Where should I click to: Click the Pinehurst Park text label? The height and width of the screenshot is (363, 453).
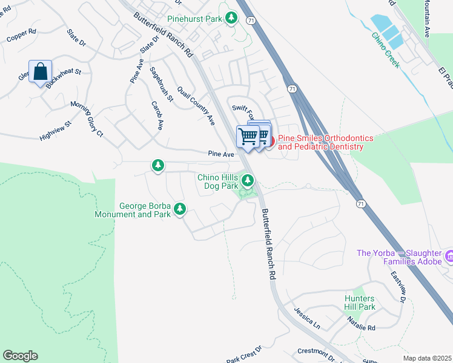coord(195,19)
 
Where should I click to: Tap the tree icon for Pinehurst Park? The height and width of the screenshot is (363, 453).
coord(231,18)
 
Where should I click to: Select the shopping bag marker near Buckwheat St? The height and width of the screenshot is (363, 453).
coord(40,71)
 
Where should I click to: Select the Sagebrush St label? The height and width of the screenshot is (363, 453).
coord(162,83)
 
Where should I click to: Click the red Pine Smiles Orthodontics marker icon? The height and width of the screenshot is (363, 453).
coord(271,142)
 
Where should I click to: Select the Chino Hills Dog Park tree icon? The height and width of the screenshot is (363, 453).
coord(247,180)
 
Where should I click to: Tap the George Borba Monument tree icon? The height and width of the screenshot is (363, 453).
coord(179,209)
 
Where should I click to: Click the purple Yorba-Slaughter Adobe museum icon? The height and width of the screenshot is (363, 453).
coord(449,257)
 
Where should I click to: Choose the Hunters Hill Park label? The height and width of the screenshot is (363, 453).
coord(356,302)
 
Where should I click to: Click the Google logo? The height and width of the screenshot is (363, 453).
coord(20,356)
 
